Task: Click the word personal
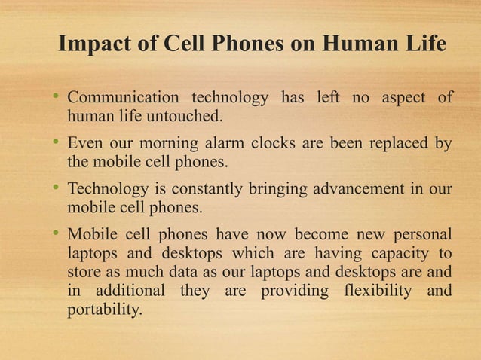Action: [x=421, y=232]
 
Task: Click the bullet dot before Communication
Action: [x=55, y=99]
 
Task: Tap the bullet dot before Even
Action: [x=55, y=143]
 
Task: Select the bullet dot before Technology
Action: [x=55, y=188]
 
